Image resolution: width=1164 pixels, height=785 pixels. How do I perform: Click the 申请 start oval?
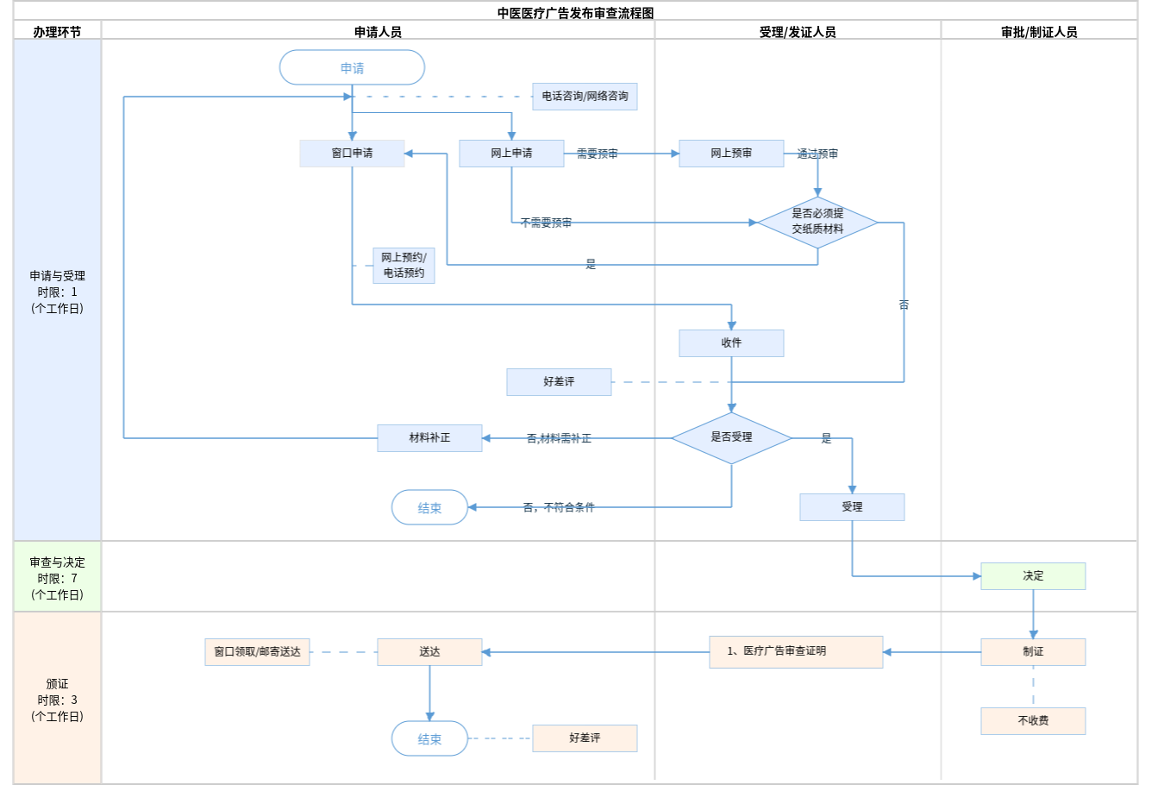(352, 67)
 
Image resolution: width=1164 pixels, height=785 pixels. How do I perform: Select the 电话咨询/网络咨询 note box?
(585, 97)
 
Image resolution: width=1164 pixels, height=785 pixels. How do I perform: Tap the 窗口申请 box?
(352, 154)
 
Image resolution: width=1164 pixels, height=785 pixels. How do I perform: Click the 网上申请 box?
(511, 154)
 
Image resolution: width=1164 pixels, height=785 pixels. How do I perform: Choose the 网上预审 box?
(731, 154)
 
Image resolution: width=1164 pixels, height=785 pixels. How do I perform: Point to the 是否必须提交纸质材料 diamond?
(817, 222)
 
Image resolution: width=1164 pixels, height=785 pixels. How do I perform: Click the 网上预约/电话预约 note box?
(404, 266)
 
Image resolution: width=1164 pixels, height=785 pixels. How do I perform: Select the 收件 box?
(731, 343)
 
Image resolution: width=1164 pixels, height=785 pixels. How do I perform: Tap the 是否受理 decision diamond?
(731, 437)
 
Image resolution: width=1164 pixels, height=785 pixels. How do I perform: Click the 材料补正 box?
(429, 438)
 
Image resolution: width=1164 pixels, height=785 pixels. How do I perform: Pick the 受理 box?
(852, 507)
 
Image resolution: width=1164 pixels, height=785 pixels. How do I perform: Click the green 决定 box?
(1033, 576)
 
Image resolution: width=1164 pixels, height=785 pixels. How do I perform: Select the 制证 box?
(1033, 652)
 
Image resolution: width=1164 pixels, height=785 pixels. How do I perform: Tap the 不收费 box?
(1033, 721)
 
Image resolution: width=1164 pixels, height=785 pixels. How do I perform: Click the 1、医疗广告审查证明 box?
(796, 652)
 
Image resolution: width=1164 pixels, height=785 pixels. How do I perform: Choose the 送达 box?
(429, 652)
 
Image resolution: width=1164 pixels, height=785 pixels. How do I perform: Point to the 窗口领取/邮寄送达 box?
(257, 652)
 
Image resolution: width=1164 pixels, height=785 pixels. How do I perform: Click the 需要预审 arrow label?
(597, 154)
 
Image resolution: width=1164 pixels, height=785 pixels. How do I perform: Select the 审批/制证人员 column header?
(1039, 32)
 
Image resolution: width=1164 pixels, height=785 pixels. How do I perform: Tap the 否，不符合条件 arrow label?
(559, 507)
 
